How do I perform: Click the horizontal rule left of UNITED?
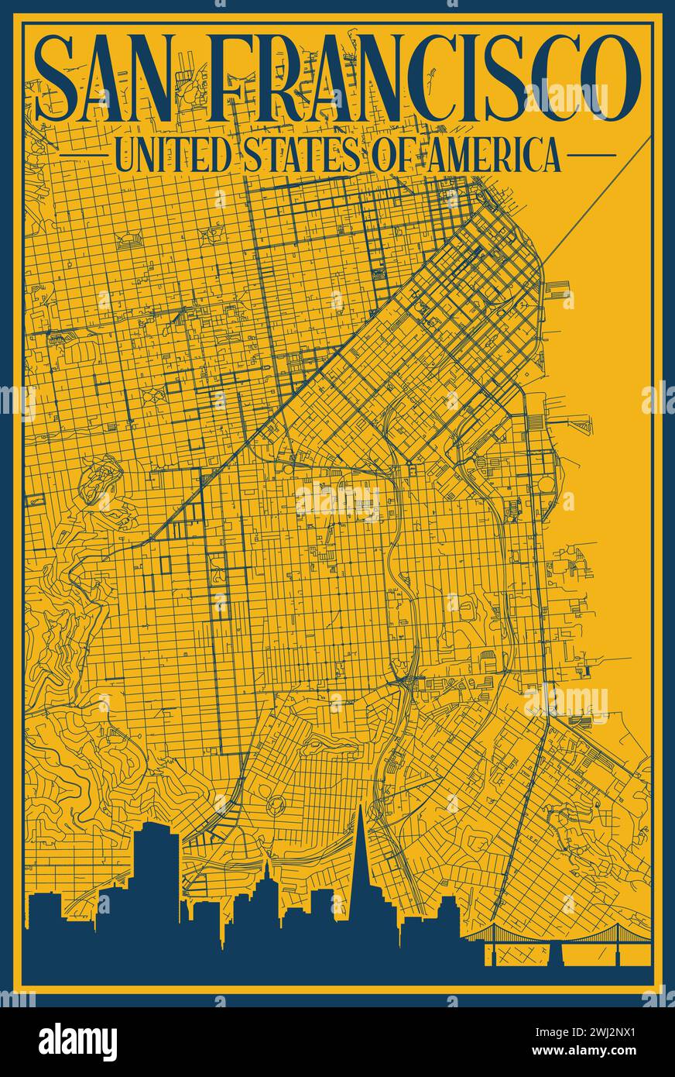[83, 155]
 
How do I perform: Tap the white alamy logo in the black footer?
[77, 1041]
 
